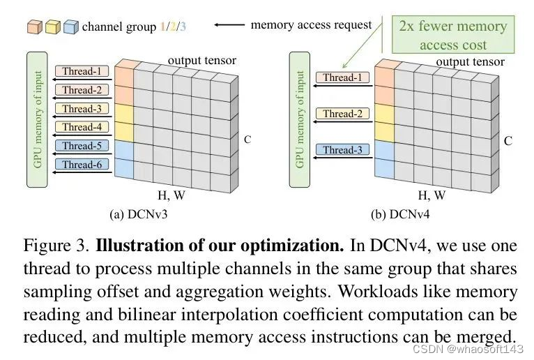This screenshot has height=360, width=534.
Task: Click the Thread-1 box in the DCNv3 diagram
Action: [82, 71]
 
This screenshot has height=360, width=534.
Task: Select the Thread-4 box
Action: [82, 127]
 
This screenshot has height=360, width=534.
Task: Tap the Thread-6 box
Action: [82, 165]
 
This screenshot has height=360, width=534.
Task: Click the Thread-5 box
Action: [82, 146]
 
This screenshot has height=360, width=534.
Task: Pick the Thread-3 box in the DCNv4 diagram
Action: [342, 150]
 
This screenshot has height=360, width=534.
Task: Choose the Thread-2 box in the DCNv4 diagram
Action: [342, 114]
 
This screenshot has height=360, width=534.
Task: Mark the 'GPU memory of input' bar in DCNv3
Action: [37, 119]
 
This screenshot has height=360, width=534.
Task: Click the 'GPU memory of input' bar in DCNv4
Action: [300, 119]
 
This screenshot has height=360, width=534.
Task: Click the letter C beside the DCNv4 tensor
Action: [508, 141]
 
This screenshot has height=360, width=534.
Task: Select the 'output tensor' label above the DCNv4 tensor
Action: [470, 62]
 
